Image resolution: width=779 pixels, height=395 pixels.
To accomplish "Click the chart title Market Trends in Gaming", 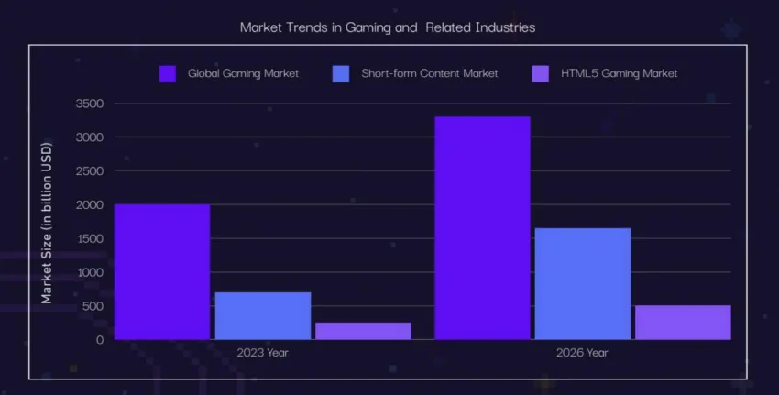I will tap(387, 27).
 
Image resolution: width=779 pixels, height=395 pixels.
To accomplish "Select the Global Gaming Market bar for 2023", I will tap(162, 271).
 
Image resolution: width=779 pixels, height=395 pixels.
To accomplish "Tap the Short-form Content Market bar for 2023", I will tap(263, 315).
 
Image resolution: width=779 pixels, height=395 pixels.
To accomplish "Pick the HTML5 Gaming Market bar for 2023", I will tap(363, 331).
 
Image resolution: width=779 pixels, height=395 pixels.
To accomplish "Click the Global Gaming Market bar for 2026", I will tap(482, 227).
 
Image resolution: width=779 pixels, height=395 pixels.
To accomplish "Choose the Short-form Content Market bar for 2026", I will tap(583, 283).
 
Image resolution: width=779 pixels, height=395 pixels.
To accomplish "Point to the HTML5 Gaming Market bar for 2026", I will tap(683, 322).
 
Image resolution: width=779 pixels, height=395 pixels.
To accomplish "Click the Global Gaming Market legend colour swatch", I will tap(168, 73).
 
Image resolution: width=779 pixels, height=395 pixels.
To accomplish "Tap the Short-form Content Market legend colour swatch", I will tap(340, 73).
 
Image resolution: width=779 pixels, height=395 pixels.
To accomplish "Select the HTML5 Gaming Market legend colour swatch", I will tap(542, 73).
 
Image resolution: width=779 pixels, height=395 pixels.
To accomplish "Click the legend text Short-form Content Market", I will tap(429, 73).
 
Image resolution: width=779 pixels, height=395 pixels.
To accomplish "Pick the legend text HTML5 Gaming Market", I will tap(620, 73).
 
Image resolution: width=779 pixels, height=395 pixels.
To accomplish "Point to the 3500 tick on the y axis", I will tap(90, 104).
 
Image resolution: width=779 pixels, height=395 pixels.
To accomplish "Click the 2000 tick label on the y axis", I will tap(90, 204).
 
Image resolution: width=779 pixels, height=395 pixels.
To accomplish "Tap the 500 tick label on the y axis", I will tap(93, 305).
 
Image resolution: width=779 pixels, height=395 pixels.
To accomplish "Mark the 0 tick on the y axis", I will tap(100, 339).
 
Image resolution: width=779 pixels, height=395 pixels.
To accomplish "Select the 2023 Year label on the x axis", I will tap(263, 352).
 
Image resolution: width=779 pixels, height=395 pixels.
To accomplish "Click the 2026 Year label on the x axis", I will tap(583, 352).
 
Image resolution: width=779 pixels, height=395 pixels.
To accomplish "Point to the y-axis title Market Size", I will tap(47, 222).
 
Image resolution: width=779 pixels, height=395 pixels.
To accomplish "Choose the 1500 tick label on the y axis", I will tap(90, 238).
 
